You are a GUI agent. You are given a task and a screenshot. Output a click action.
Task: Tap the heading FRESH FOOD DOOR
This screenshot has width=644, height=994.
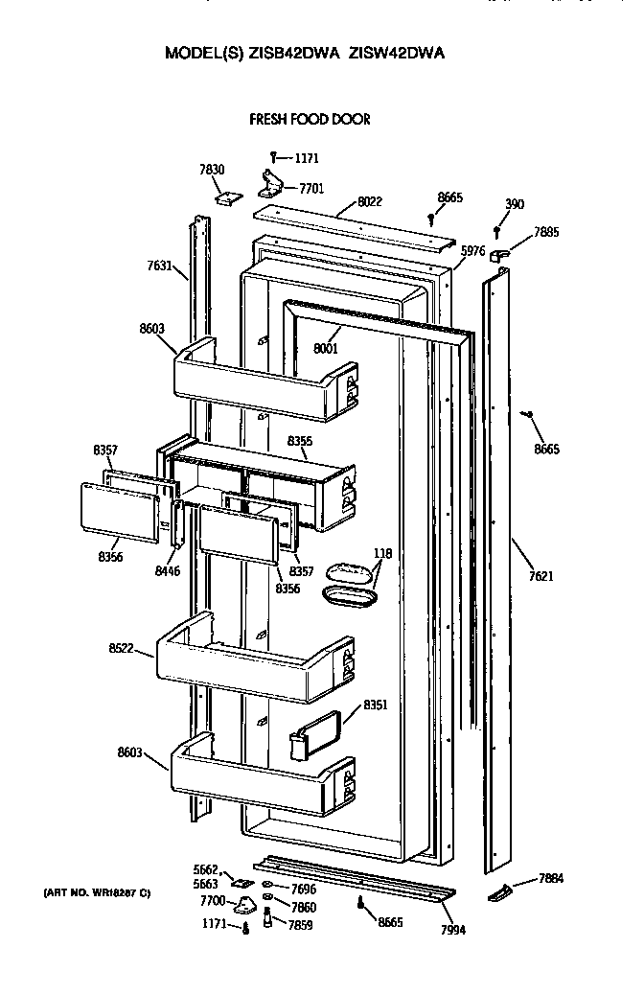[310, 120]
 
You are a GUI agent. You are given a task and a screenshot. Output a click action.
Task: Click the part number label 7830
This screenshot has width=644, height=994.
[212, 170]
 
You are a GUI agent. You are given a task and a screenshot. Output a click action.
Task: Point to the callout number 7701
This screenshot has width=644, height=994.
[311, 189]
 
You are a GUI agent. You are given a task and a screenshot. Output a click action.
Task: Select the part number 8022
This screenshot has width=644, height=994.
[370, 202]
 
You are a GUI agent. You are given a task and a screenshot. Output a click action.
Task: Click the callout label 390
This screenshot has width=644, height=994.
[515, 204]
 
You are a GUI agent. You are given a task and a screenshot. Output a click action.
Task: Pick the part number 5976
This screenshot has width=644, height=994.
[472, 251]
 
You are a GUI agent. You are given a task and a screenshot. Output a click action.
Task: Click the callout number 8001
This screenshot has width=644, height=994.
[326, 349]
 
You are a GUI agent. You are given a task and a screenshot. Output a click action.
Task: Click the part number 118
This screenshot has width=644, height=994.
[383, 553]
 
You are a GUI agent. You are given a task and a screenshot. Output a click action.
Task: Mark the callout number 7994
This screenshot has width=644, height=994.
[451, 930]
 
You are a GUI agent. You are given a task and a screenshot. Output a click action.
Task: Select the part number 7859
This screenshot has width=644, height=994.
[303, 925]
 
